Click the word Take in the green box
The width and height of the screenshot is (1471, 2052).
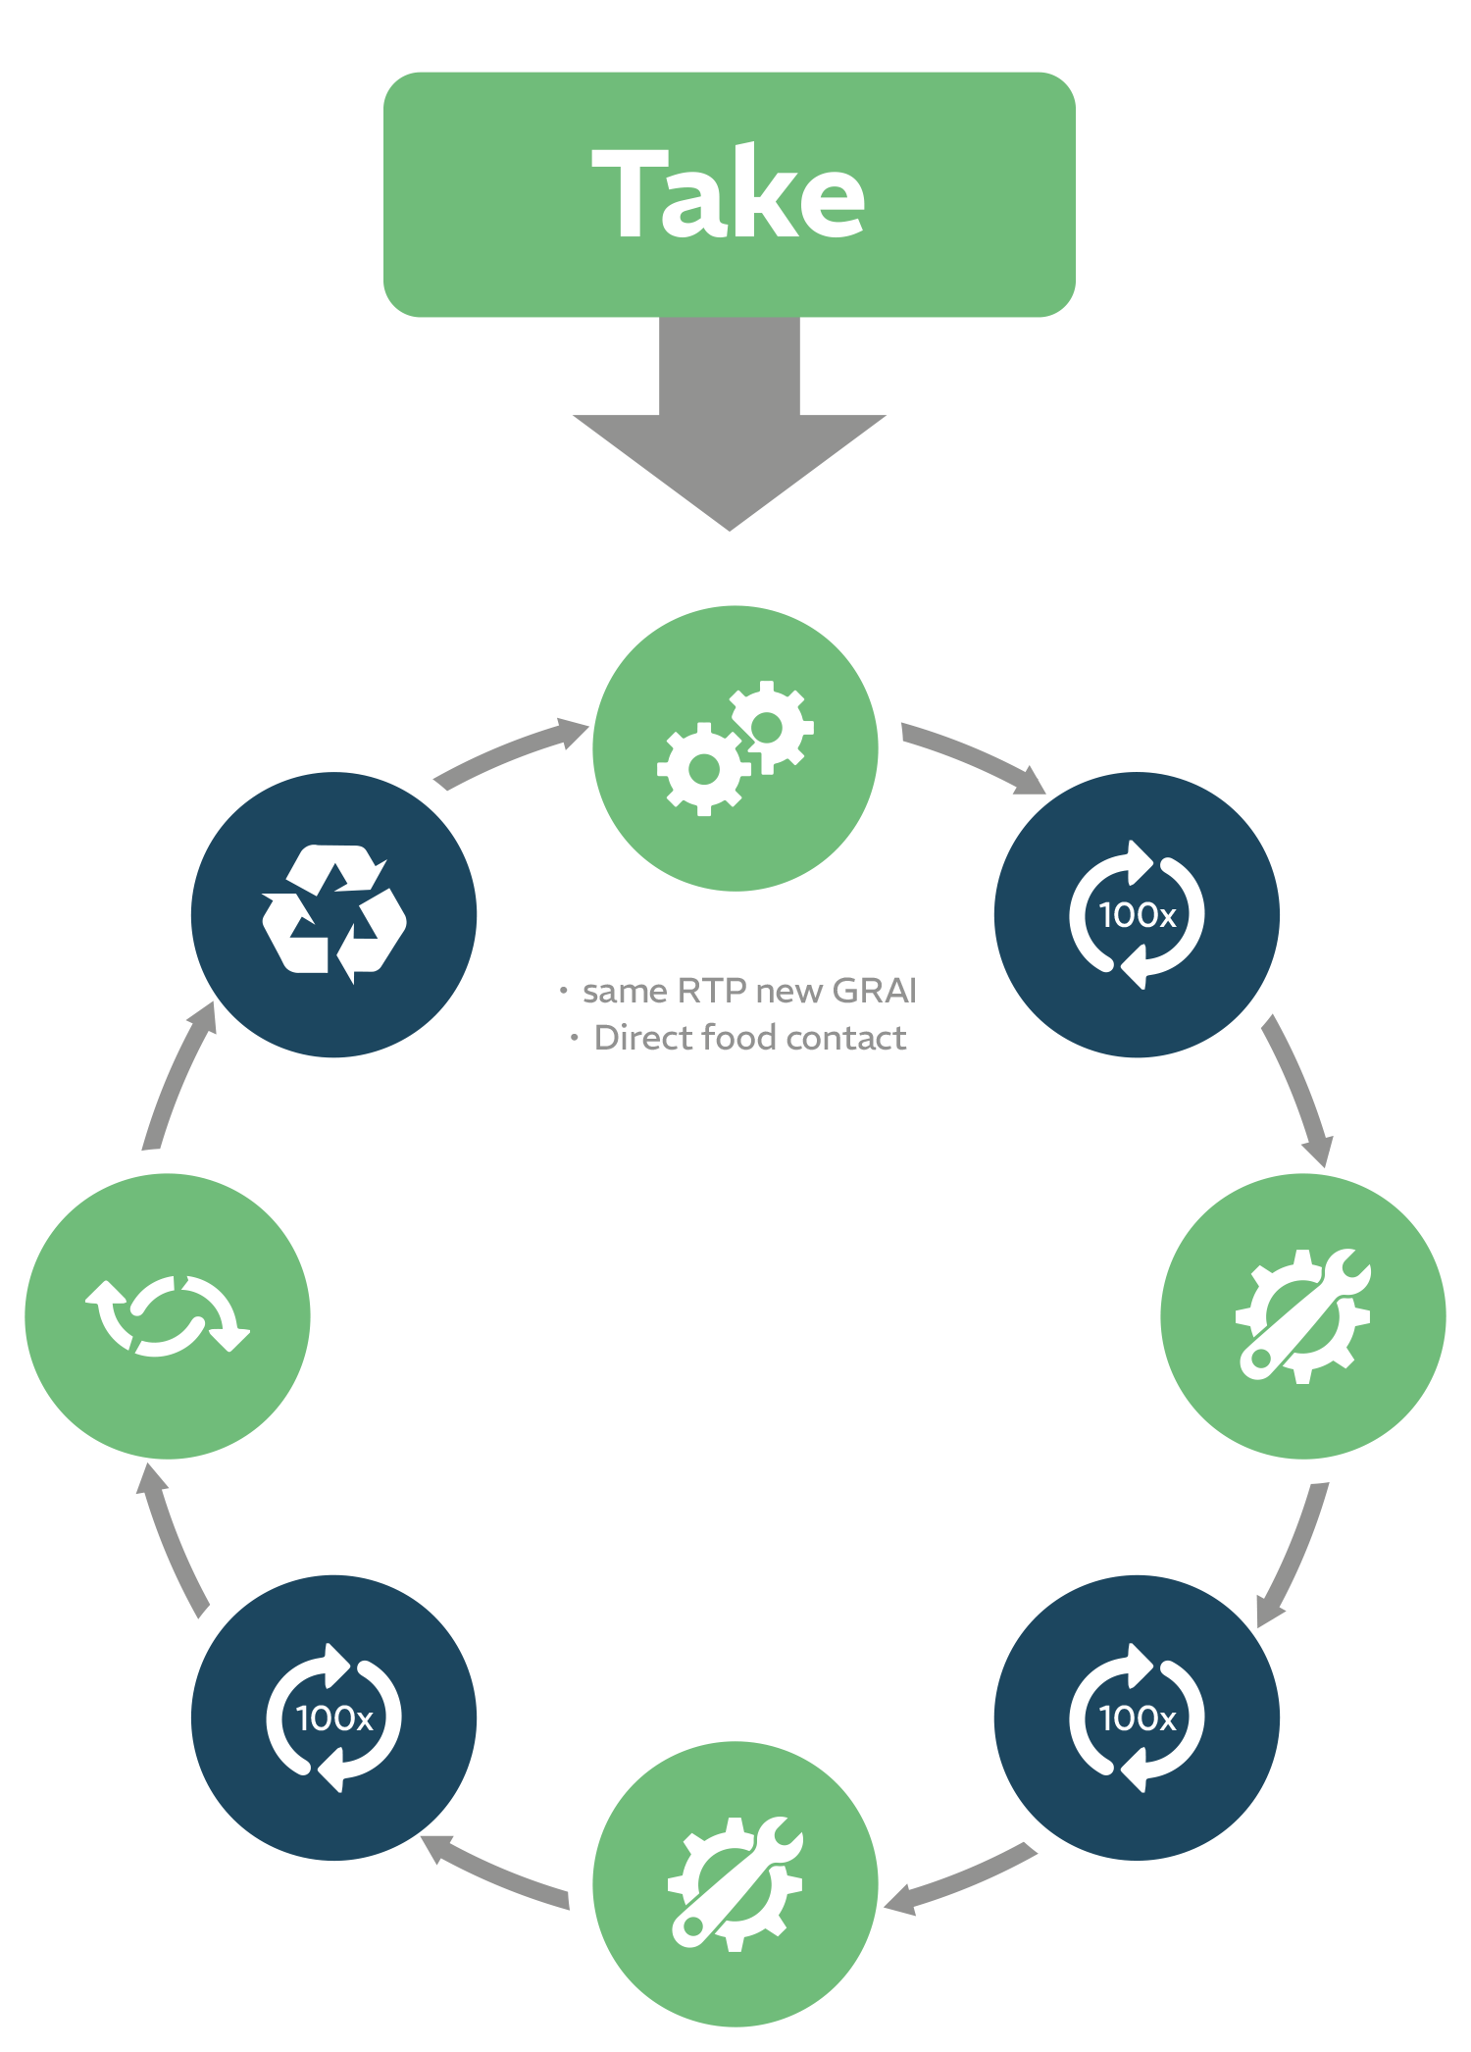[729, 193]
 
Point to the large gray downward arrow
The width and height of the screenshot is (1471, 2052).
[730, 432]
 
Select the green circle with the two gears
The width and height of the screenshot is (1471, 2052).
[735, 748]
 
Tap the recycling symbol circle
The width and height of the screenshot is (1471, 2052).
[333, 914]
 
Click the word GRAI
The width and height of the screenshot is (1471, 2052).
[874, 991]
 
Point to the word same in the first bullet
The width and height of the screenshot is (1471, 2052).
[624, 992]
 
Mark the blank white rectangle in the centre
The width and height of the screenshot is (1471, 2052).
[738, 1319]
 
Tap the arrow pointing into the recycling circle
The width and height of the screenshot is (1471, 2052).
[177, 1079]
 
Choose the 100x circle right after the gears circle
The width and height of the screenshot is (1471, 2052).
[1137, 914]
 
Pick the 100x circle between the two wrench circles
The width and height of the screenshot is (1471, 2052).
[1137, 1717]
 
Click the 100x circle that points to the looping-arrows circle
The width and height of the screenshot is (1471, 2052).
[333, 1717]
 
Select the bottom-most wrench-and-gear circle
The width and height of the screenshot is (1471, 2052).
[735, 1883]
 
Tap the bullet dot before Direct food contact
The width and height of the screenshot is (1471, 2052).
[575, 1038]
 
